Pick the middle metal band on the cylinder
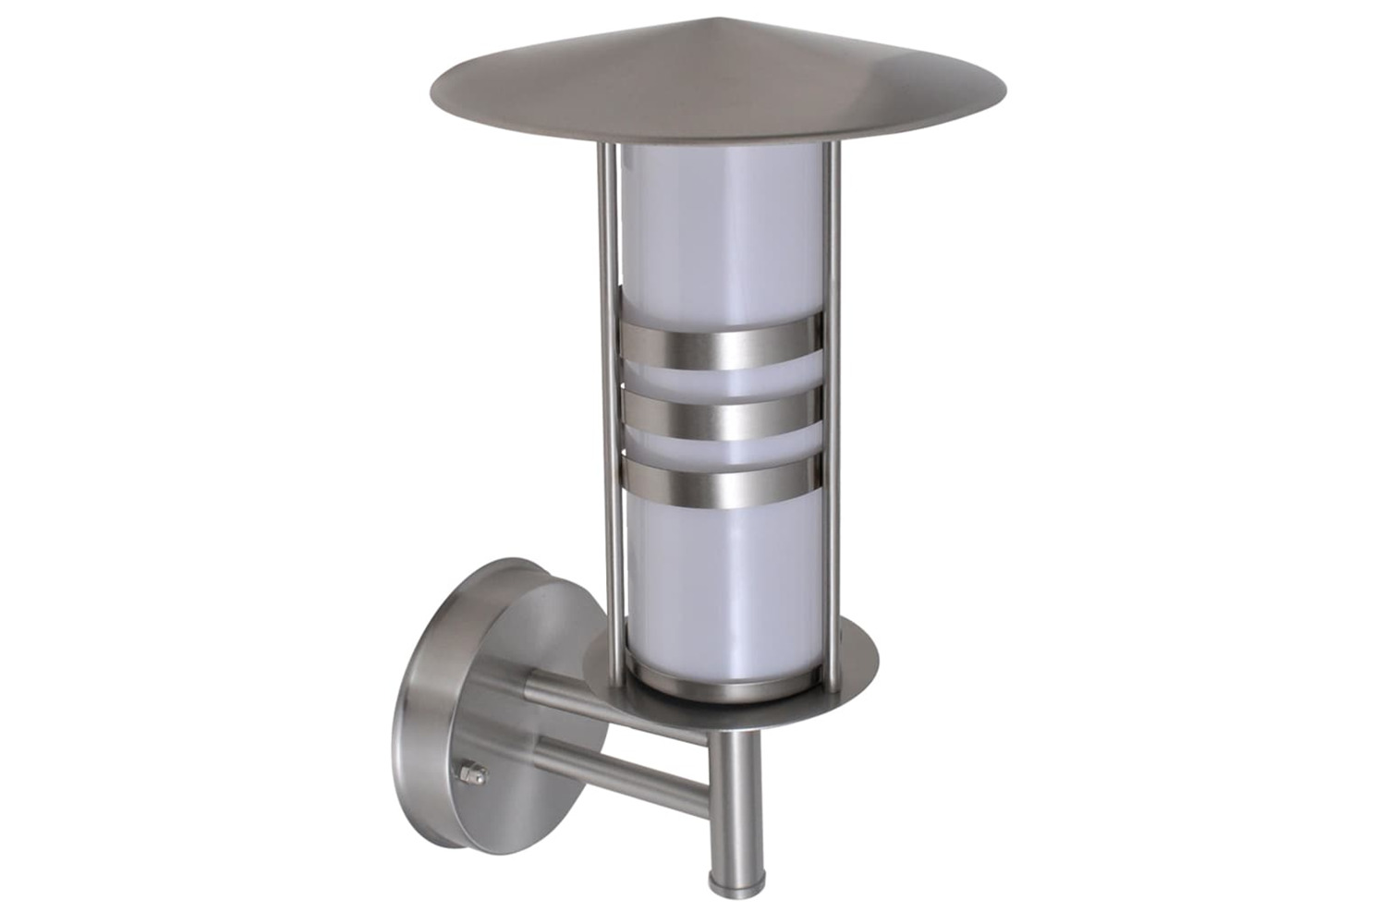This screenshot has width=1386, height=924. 721,415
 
